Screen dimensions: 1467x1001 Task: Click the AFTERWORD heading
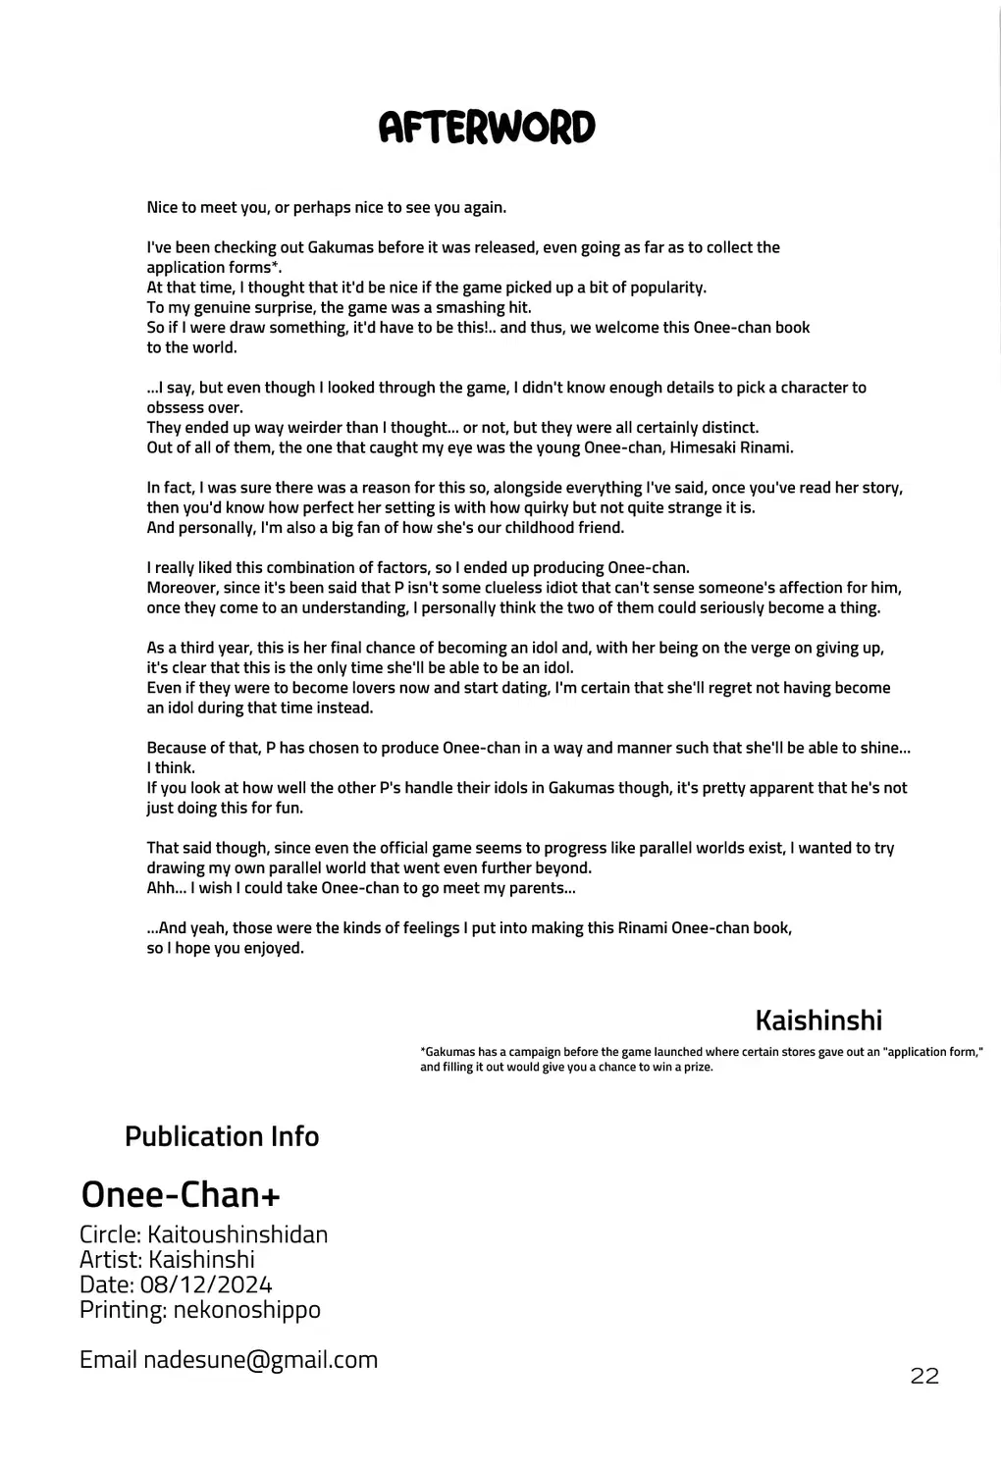[x=487, y=128]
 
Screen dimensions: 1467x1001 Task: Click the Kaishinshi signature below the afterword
[x=818, y=1021]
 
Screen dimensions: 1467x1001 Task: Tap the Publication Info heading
[x=222, y=1136]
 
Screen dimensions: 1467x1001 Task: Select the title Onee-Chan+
[x=181, y=1194]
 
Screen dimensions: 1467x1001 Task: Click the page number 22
[x=924, y=1376]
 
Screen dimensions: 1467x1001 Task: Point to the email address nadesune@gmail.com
[x=260, y=1359]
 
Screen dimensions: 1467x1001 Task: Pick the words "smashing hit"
[x=486, y=307]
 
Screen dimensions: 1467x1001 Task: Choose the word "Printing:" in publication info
[x=122, y=1310]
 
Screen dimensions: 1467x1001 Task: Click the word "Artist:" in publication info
[x=110, y=1260]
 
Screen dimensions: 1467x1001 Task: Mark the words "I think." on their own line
[x=171, y=768]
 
